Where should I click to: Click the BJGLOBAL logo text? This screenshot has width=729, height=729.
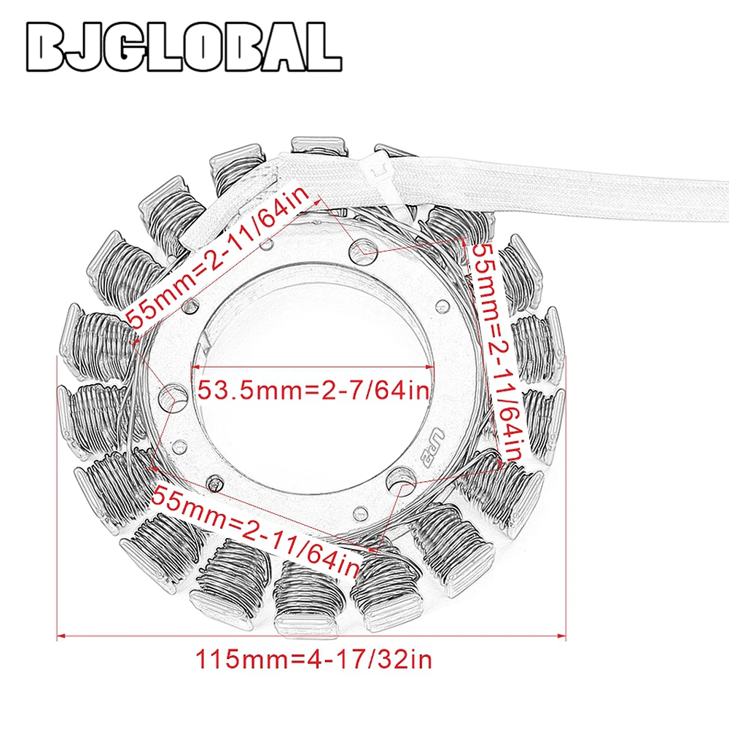click(x=184, y=47)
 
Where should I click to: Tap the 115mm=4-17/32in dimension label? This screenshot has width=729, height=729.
click(x=313, y=660)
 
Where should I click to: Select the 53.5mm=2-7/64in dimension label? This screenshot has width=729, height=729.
click(x=313, y=389)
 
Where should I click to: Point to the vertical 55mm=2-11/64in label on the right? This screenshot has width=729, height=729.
click(x=497, y=352)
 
